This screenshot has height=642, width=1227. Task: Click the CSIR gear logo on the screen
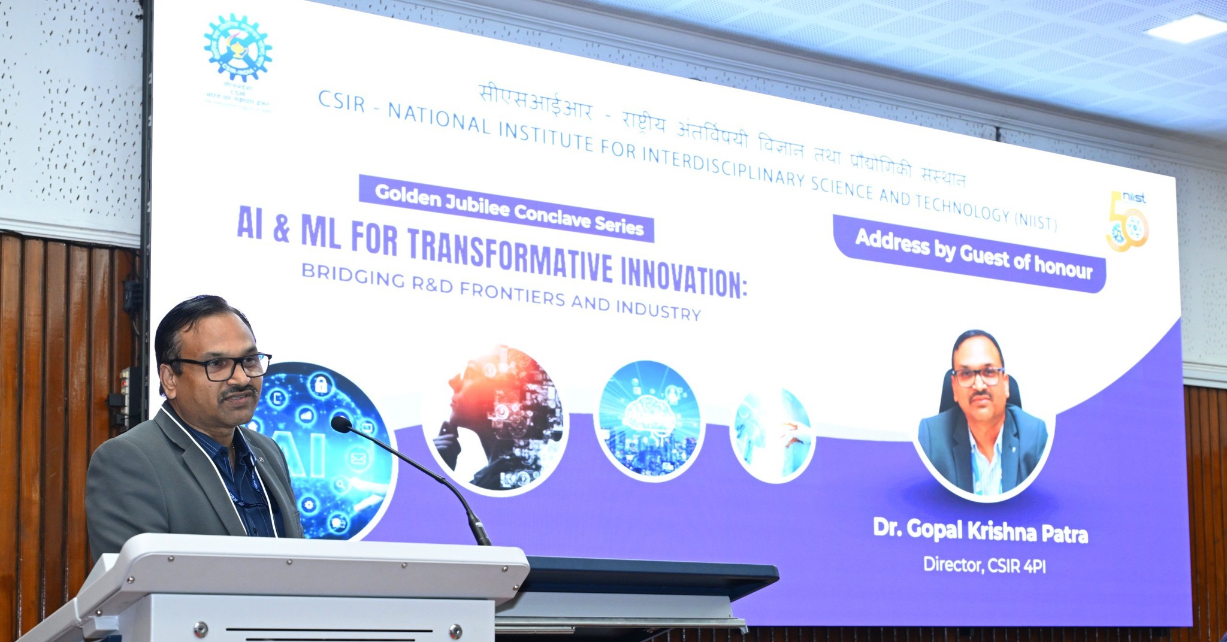point(238,48)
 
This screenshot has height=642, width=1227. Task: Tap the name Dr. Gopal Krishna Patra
point(980,531)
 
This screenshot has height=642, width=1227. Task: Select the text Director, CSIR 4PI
point(984,565)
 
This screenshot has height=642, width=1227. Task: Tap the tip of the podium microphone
point(340,424)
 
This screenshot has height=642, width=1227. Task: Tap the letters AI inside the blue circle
point(303,450)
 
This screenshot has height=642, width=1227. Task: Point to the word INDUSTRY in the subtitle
point(658,308)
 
